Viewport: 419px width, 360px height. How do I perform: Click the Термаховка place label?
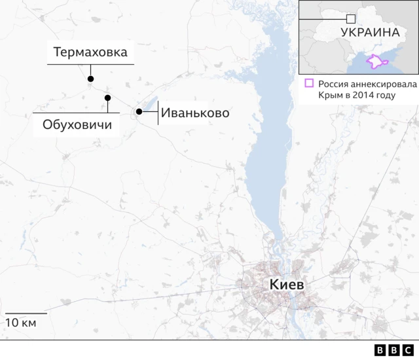click(x=90, y=52)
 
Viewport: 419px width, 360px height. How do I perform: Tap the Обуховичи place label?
click(x=76, y=124)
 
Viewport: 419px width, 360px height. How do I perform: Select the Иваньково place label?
click(x=195, y=113)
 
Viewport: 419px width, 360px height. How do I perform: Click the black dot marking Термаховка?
click(x=90, y=79)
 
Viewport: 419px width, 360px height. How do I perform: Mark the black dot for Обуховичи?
click(x=107, y=98)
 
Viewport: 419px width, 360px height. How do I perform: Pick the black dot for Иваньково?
click(x=139, y=112)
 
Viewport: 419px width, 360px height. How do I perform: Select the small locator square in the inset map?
click(x=351, y=19)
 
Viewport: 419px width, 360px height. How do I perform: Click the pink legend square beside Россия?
click(x=309, y=83)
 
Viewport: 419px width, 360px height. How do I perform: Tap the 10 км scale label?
click(x=21, y=323)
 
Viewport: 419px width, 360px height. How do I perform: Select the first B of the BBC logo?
click(x=380, y=350)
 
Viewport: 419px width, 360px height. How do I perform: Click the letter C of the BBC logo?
click(x=407, y=350)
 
